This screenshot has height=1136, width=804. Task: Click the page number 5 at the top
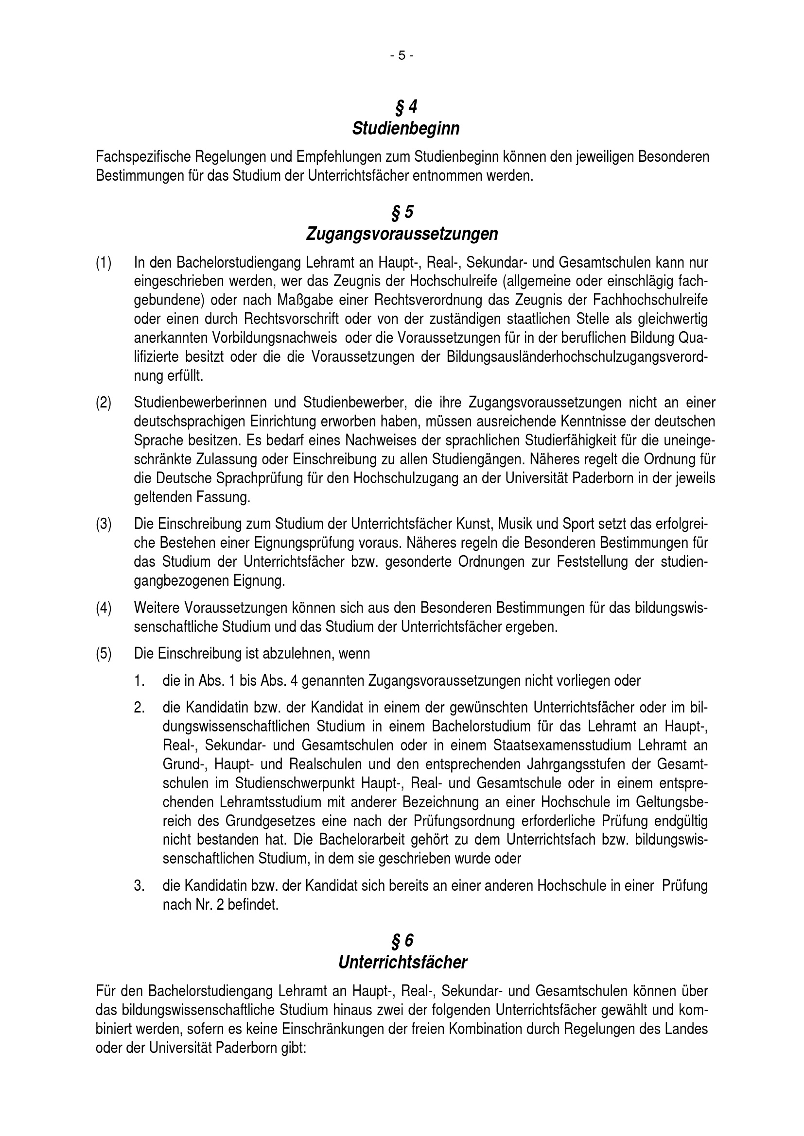(402, 56)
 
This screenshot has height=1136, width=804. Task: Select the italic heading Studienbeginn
(405, 129)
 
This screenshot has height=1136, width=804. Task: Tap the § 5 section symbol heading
(402, 212)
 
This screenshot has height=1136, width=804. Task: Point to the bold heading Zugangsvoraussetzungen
(402, 234)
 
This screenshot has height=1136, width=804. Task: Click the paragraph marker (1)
(104, 262)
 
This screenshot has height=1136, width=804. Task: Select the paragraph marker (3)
(104, 524)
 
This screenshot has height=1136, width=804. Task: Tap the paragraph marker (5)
(104, 654)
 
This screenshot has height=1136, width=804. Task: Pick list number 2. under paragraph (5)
(139, 708)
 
